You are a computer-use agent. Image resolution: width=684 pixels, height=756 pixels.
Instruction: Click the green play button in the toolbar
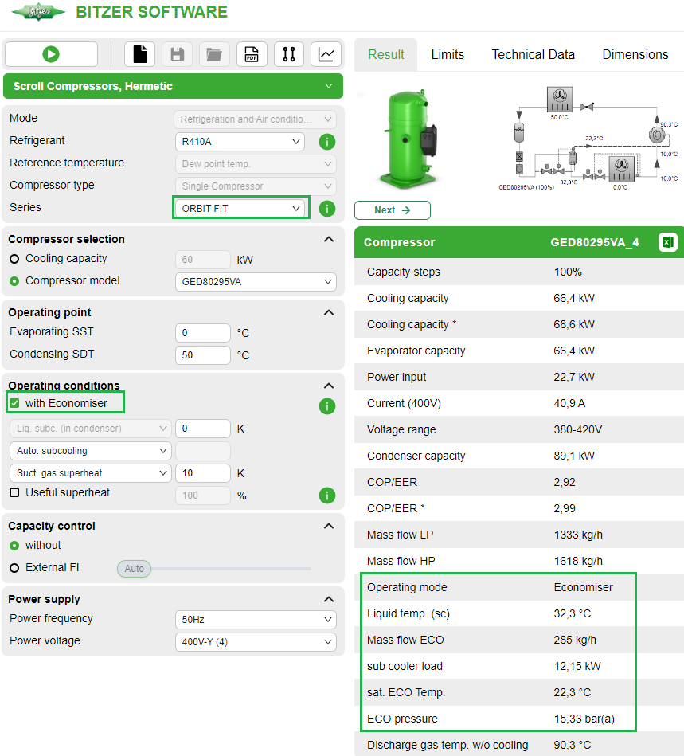tap(51, 54)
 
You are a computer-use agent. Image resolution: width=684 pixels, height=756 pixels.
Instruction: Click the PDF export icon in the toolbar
tap(251, 54)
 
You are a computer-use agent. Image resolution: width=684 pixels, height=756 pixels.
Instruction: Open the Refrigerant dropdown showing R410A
tap(239, 142)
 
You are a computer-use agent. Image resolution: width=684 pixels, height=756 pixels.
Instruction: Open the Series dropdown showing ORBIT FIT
tap(240, 208)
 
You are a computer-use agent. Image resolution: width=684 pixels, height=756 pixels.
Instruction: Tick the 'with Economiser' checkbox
tap(14, 403)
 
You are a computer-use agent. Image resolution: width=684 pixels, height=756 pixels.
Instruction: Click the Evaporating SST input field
tap(202, 333)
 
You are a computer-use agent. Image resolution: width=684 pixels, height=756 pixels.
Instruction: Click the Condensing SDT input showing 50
tap(202, 355)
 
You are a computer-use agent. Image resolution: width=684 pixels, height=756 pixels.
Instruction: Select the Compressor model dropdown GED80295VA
tap(255, 282)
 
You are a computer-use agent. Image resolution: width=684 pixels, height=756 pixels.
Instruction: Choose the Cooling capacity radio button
tap(14, 259)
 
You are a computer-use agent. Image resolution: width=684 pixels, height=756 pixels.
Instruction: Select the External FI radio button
tap(14, 568)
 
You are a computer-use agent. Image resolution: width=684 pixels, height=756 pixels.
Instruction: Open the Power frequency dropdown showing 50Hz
tap(255, 620)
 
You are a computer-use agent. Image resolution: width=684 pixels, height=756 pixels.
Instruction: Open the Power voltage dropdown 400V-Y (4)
tap(255, 642)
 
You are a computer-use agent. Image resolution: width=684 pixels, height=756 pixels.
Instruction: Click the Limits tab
tap(448, 55)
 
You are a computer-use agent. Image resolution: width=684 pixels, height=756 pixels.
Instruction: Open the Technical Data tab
tap(533, 55)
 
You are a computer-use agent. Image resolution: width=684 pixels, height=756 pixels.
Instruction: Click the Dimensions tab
tap(635, 55)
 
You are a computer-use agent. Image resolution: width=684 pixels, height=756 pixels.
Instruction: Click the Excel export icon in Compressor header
tap(667, 242)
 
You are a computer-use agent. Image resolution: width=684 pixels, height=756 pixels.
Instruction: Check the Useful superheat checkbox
tap(14, 493)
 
